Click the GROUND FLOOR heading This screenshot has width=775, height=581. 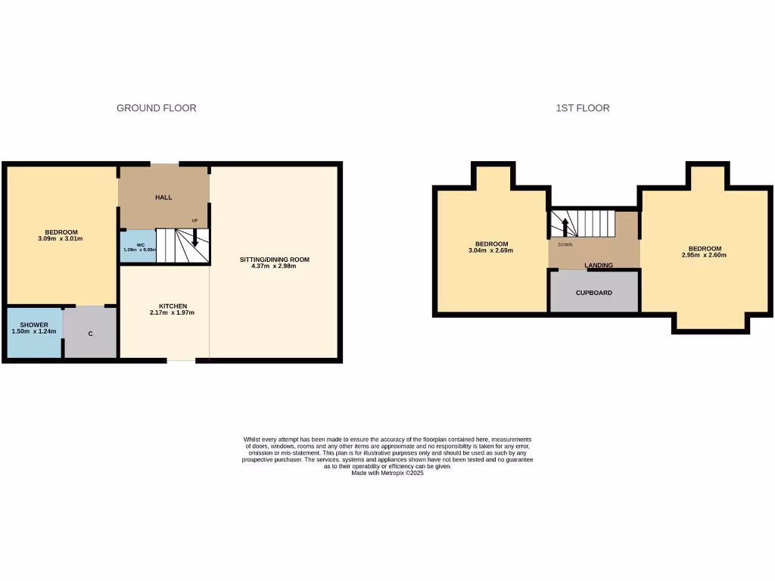[x=156, y=108]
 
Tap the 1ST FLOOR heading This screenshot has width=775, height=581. [x=582, y=108]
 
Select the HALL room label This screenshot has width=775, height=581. [x=163, y=197]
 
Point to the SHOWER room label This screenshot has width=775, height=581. [x=34, y=325]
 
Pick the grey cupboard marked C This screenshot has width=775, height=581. [x=91, y=332]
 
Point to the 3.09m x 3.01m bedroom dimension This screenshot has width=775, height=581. [x=61, y=239]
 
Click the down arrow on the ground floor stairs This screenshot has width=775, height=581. [x=195, y=238]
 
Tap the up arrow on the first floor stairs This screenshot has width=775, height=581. [x=563, y=225]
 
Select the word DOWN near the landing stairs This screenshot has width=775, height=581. [x=565, y=245]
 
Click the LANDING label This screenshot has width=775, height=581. [x=599, y=266]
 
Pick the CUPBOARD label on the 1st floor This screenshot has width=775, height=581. [x=594, y=293]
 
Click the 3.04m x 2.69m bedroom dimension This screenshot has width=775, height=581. [x=491, y=250]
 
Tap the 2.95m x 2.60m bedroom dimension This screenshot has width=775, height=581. [x=704, y=255]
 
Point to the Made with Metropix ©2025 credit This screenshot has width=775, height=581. [x=387, y=473]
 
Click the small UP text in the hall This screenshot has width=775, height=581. [x=195, y=221]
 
